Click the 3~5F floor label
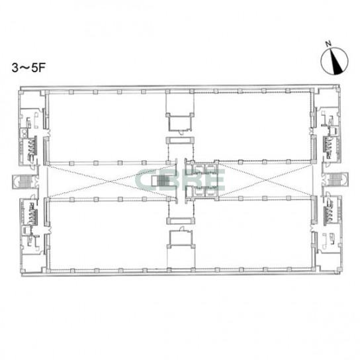[x=28, y=67]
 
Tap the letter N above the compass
[x=328, y=44]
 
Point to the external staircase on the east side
[x=336, y=179]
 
